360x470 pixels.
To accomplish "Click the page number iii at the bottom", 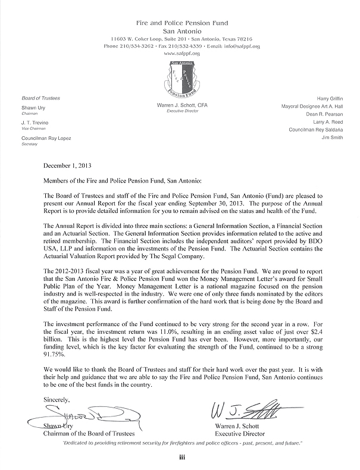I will coord(180,457).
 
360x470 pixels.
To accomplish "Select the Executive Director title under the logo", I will coord(180,111).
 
